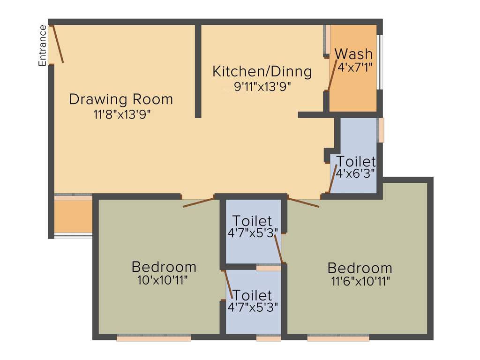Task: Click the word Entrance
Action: (42, 45)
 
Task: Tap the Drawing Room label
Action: (121, 99)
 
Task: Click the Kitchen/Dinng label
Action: (262, 72)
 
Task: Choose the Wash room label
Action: (354, 54)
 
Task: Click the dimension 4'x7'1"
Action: (355, 67)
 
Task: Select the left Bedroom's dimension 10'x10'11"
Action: (164, 280)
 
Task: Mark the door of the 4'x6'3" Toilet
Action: (333, 179)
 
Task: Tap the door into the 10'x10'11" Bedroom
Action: (199, 202)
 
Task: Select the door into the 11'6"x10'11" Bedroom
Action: (303, 202)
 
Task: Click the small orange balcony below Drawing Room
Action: (73, 217)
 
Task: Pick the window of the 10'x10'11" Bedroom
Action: (154, 337)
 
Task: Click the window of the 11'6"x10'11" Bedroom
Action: (338, 337)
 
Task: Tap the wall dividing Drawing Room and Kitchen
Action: (198, 70)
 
